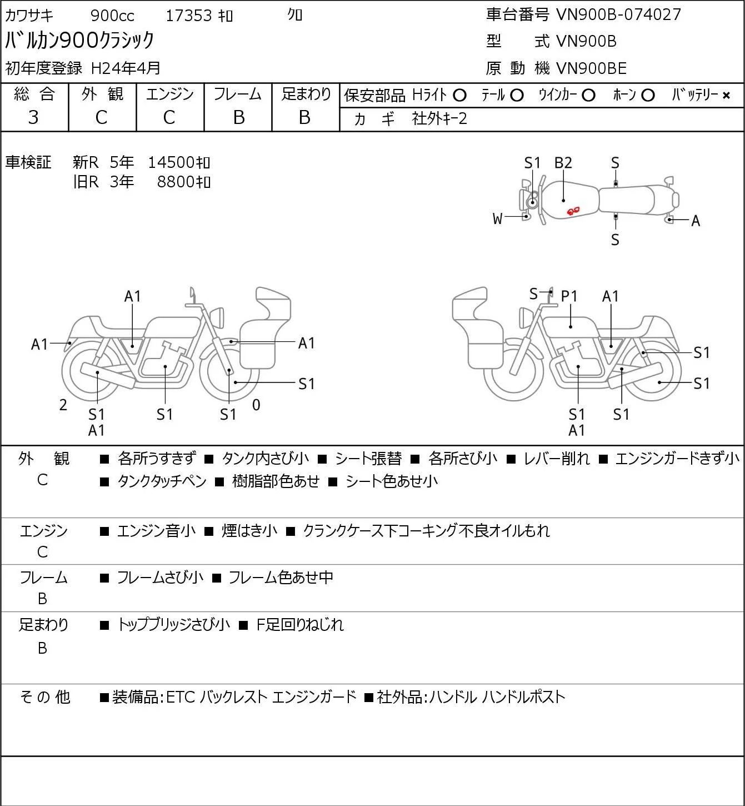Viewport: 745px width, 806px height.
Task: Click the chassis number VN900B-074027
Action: click(618, 14)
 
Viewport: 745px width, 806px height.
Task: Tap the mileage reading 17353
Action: click(189, 16)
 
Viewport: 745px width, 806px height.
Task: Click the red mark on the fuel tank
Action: click(573, 211)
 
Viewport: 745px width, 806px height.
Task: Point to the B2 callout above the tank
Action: click(563, 163)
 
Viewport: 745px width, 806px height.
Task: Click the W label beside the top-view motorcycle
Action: click(497, 219)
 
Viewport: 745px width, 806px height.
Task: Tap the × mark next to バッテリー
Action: click(726, 96)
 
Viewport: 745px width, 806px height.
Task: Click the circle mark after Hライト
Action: click(459, 96)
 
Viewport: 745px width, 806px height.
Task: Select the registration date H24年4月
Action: click(126, 68)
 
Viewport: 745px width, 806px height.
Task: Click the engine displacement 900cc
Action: click(112, 16)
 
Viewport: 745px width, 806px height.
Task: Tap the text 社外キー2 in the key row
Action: click(439, 119)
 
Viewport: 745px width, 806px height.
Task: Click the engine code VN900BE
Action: click(591, 68)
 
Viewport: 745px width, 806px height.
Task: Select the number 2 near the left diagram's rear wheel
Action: click(63, 405)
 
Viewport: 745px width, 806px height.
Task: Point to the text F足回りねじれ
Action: click(300, 625)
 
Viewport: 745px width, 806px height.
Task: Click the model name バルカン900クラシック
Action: click(80, 40)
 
